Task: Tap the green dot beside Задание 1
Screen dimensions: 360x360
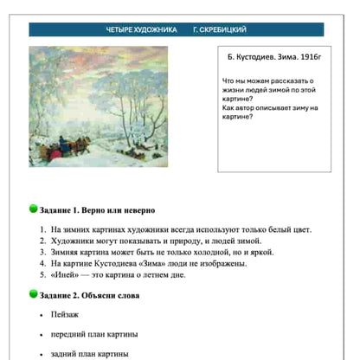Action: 33,209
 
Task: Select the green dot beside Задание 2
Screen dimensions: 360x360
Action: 33,294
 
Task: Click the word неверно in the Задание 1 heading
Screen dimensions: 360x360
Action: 134,210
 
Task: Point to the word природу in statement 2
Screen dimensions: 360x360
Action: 196,241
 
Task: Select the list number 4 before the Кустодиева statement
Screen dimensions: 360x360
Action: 42,263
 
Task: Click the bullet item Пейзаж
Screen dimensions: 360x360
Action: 66,315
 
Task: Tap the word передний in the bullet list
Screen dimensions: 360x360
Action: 71,334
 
